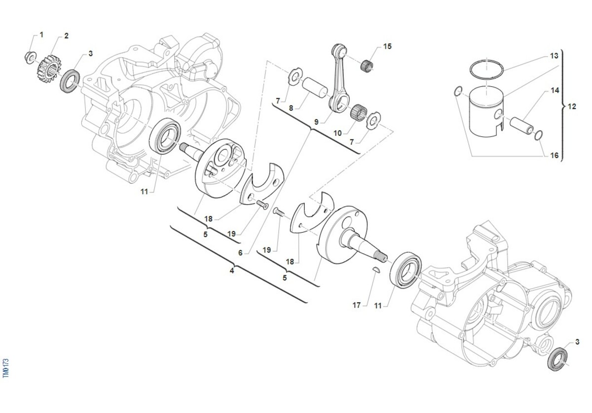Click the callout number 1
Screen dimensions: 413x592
(41, 34)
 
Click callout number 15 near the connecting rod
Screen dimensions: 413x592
(387, 46)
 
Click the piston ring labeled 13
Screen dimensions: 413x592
(486, 68)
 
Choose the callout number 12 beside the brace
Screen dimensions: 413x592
(572, 106)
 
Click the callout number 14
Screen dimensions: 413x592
(555, 91)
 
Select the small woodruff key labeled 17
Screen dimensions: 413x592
(374, 270)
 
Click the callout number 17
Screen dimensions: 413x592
(357, 306)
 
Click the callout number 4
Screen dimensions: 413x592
(232, 270)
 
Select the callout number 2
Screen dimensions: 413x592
(66, 36)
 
